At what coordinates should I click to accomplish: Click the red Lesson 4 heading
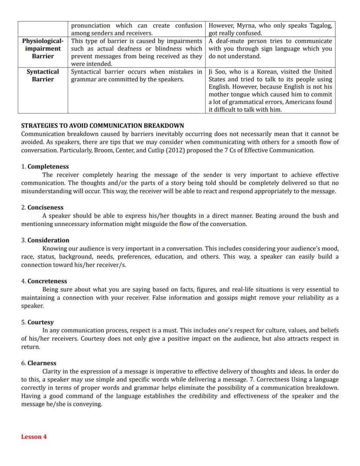point(34,437)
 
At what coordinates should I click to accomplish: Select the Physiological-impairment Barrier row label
point(43,48)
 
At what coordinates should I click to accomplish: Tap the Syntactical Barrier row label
point(43,75)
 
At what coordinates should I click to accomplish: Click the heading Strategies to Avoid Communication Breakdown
point(103,126)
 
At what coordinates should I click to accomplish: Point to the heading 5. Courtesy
point(38,322)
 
